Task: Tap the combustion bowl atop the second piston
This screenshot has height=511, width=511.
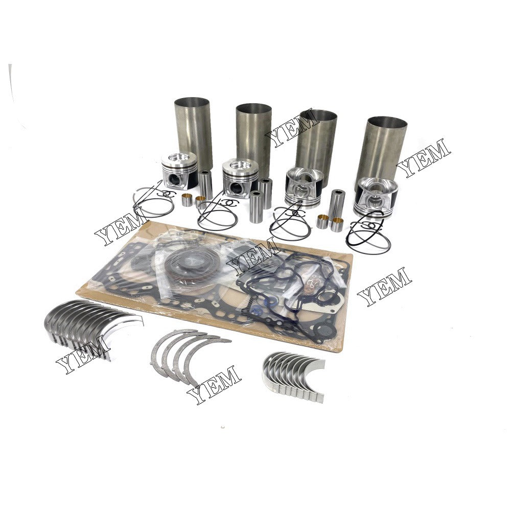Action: coord(241,165)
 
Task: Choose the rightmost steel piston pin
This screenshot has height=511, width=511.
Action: coord(338,202)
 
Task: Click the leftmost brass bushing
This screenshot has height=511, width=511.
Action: coord(188,199)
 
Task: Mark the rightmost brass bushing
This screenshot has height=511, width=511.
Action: coord(336,224)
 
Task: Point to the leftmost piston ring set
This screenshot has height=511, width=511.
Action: coord(151,202)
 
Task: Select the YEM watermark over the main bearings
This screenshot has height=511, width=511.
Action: coord(83,355)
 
